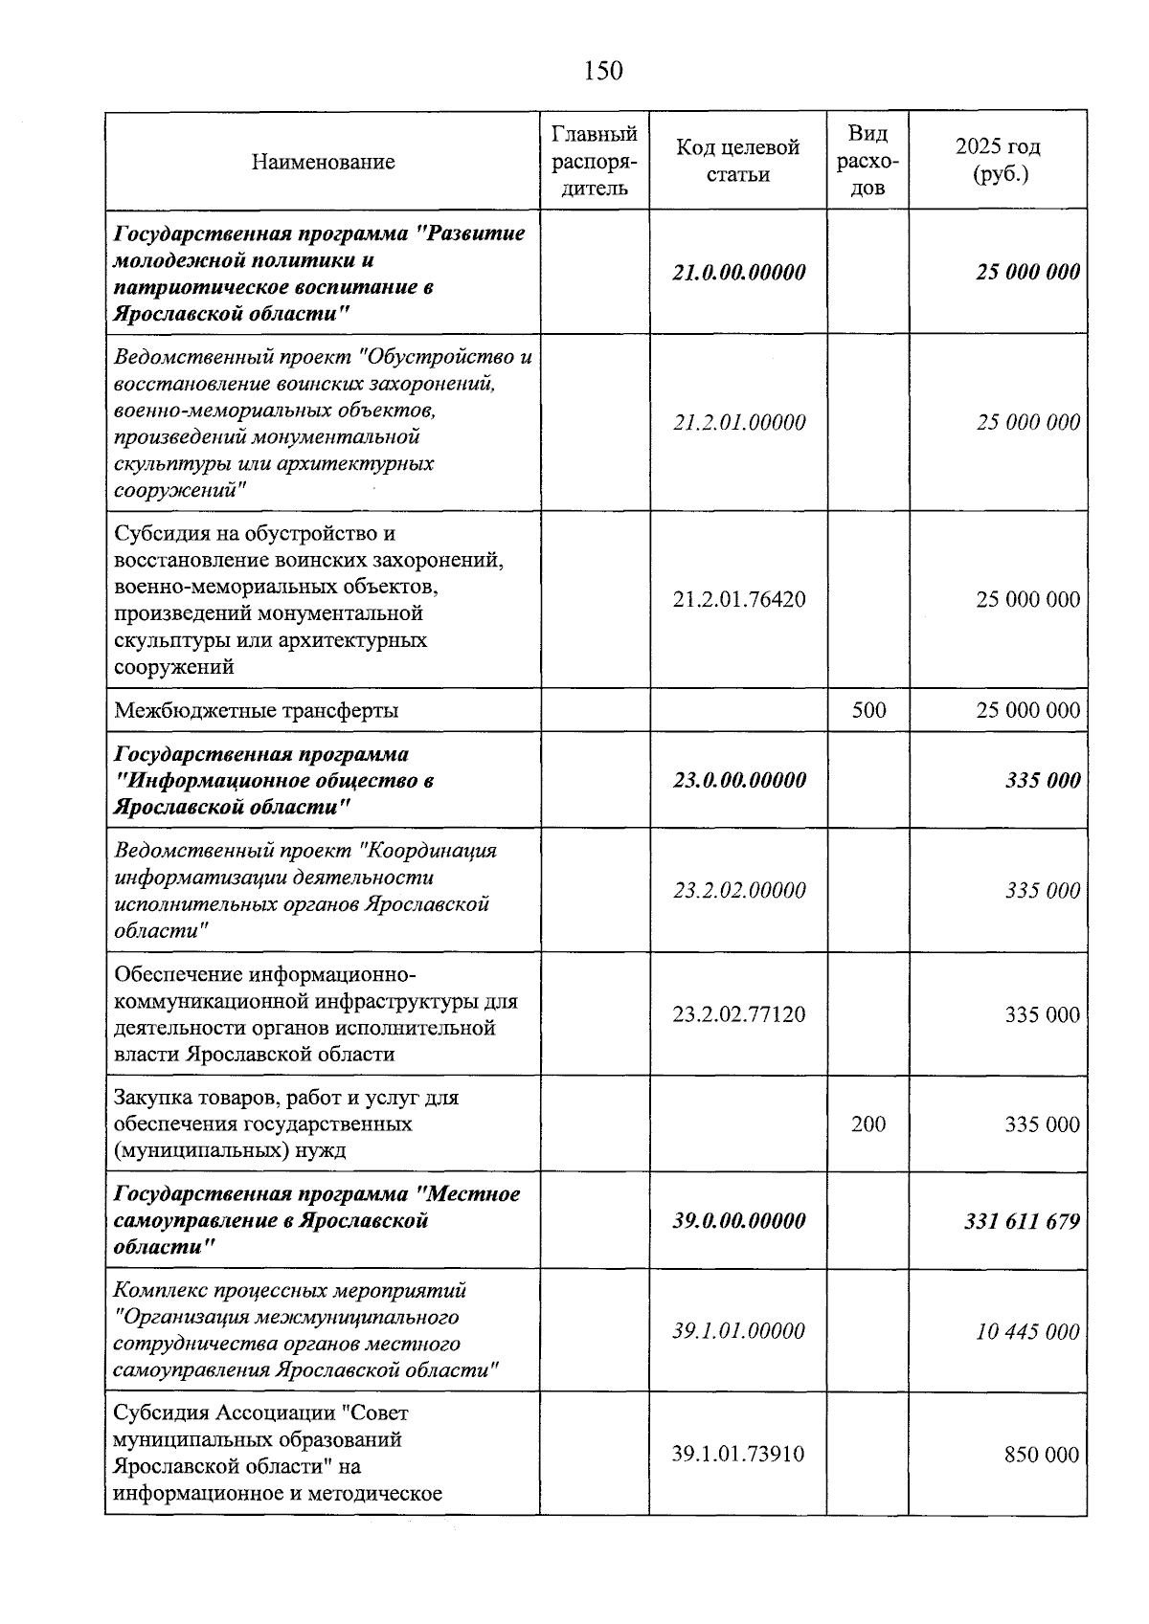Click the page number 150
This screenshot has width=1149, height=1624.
602,71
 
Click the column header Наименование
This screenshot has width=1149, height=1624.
323,162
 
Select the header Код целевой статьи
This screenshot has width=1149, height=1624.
737,161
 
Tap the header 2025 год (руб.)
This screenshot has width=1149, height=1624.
998,161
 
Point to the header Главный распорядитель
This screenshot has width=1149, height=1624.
595,161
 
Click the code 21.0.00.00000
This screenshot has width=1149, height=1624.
738,272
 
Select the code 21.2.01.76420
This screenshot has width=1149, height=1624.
738,600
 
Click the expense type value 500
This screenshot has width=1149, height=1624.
867,710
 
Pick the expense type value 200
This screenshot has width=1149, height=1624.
867,1124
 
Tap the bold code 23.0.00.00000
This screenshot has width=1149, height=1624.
738,780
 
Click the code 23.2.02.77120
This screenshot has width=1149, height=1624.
738,1014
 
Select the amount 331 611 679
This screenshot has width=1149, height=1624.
1022,1222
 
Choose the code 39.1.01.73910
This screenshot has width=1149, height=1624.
738,1456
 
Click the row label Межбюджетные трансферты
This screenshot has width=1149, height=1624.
256,711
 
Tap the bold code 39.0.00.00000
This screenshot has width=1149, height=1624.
738,1222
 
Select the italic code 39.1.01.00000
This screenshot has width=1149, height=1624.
738,1331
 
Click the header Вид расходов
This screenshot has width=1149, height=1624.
867,161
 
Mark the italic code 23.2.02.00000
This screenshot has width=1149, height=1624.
738,891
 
